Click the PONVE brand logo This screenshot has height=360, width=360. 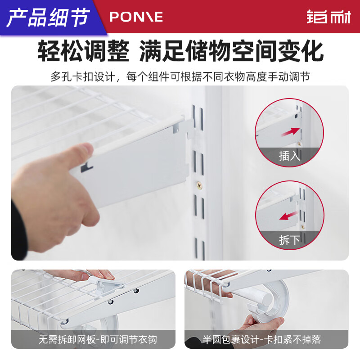coord(136,17)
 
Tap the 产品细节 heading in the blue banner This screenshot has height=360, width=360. coord(49,17)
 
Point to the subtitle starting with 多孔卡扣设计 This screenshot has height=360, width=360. coord(180,76)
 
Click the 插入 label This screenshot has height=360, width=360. coord(289,156)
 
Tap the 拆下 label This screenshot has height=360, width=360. coord(289,239)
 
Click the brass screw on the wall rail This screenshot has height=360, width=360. coord(198,184)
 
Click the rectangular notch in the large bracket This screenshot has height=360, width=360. coord(87,168)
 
